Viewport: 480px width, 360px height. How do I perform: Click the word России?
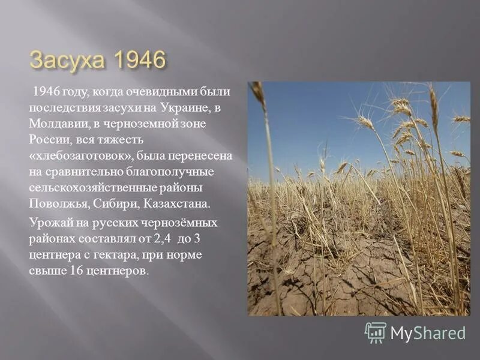pyautogui.click(x=47, y=140)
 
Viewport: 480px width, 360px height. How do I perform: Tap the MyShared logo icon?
pyautogui.click(x=376, y=332)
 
